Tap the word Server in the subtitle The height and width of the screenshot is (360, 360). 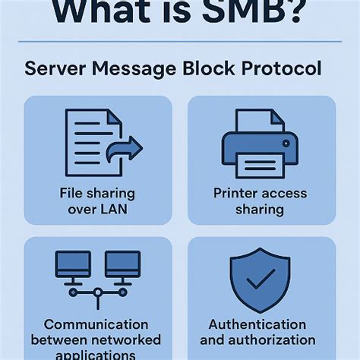pyautogui.click(x=55, y=68)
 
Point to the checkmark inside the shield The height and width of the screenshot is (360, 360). pyautogui.click(x=260, y=279)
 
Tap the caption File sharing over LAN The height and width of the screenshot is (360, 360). pyautogui.click(x=98, y=201)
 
